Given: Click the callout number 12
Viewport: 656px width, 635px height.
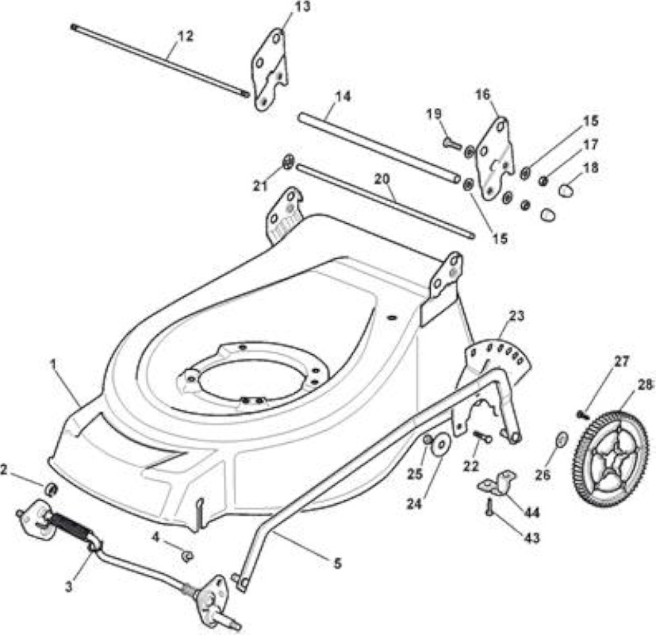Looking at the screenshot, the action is tap(186, 36).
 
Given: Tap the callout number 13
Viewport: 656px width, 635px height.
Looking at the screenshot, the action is tap(302, 7).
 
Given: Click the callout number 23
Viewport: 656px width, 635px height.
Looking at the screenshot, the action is tap(516, 315).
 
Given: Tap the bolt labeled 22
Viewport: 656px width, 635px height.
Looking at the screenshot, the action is tap(483, 437).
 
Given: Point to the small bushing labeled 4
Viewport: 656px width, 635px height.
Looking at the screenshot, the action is tap(186, 556).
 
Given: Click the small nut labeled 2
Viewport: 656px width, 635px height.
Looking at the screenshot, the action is tap(51, 489).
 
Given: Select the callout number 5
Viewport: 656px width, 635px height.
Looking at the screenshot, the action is tap(338, 563).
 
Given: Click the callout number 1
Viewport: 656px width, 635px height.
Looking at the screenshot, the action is tap(53, 364).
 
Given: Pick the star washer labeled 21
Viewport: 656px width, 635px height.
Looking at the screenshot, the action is tap(288, 162).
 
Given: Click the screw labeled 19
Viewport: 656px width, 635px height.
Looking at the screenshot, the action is tap(452, 144).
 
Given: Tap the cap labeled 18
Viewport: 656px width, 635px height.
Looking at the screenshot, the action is tap(566, 190).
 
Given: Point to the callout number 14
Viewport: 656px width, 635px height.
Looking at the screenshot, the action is tap(343, 96).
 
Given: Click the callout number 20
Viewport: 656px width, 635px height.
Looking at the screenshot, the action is tap(382, 179).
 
